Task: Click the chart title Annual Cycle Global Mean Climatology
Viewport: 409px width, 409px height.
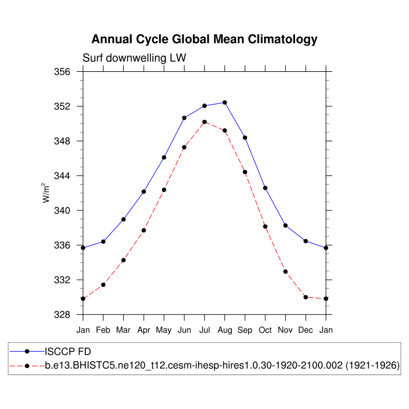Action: (x=204, y=39)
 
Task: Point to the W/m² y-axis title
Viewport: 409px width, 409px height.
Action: (x=46, y=193)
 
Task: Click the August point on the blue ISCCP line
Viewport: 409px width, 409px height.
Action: (x=225, y=102)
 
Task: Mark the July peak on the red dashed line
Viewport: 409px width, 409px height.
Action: (x=204, y=122)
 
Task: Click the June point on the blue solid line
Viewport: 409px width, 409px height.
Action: (x=184, y=117)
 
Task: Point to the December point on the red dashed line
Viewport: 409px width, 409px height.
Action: (x=306, y=297)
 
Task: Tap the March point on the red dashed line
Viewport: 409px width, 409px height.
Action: (x=123, y=260)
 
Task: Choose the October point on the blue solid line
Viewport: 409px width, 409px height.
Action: (x=265, y=188)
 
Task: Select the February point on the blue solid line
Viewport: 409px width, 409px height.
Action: (x=103, y=241)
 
